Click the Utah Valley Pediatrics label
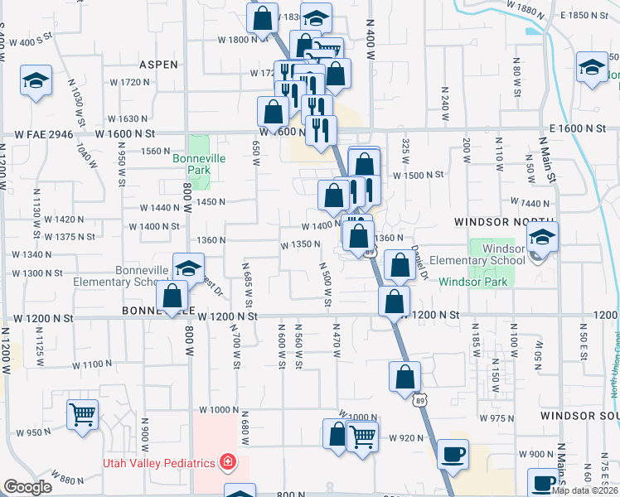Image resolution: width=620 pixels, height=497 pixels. [158, 462]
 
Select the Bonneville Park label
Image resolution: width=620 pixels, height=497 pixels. [193, 162]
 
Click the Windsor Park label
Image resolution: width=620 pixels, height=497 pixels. [472, 282]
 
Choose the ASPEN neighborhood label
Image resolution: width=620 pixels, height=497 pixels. [158, 64]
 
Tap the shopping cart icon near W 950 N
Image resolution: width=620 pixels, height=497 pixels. [82, 413]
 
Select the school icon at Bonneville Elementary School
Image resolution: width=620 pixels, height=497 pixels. [188, 268]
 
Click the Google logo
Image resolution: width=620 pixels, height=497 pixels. [27, 487]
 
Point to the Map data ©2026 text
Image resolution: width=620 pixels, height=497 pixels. [585, 490]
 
